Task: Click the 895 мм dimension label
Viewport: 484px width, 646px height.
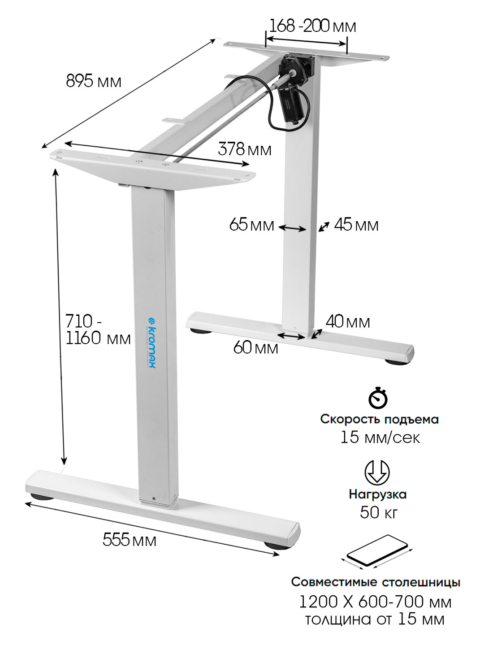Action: (94, 81)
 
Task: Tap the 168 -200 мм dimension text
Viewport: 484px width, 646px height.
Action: (312, 26)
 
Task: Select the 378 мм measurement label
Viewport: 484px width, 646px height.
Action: (245, 149)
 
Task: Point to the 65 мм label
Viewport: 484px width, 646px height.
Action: (251, 225)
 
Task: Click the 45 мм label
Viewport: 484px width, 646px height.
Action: (356, 225)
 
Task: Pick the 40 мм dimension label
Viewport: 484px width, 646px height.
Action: (348, 321)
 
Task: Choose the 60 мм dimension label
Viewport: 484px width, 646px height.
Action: (255, 348)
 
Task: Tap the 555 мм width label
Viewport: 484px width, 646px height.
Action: (130, 540)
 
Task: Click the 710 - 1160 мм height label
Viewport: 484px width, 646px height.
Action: (98, 329)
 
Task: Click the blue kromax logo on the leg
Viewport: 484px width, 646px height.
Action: (151, 343)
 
